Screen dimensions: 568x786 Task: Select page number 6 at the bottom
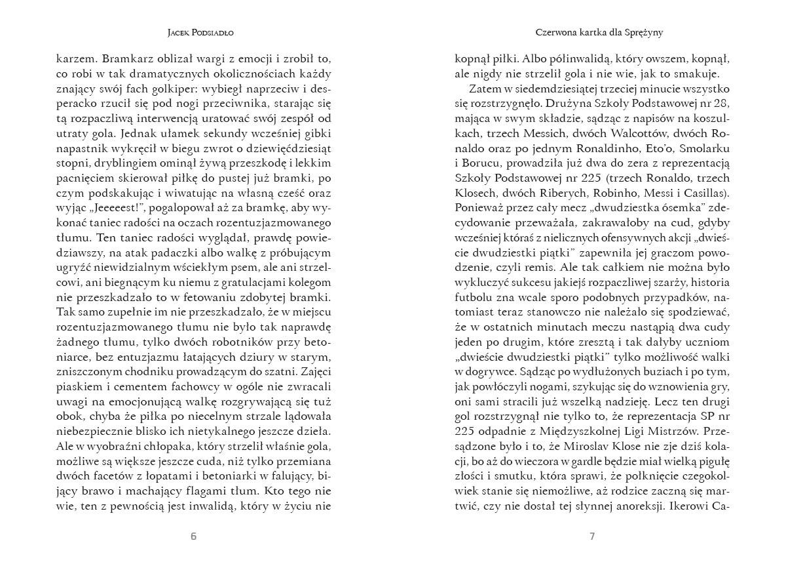(x=193, y=537)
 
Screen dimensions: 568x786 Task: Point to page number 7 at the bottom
(x=592, y=537)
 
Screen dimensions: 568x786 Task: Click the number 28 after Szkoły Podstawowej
(x=715, y=104)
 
